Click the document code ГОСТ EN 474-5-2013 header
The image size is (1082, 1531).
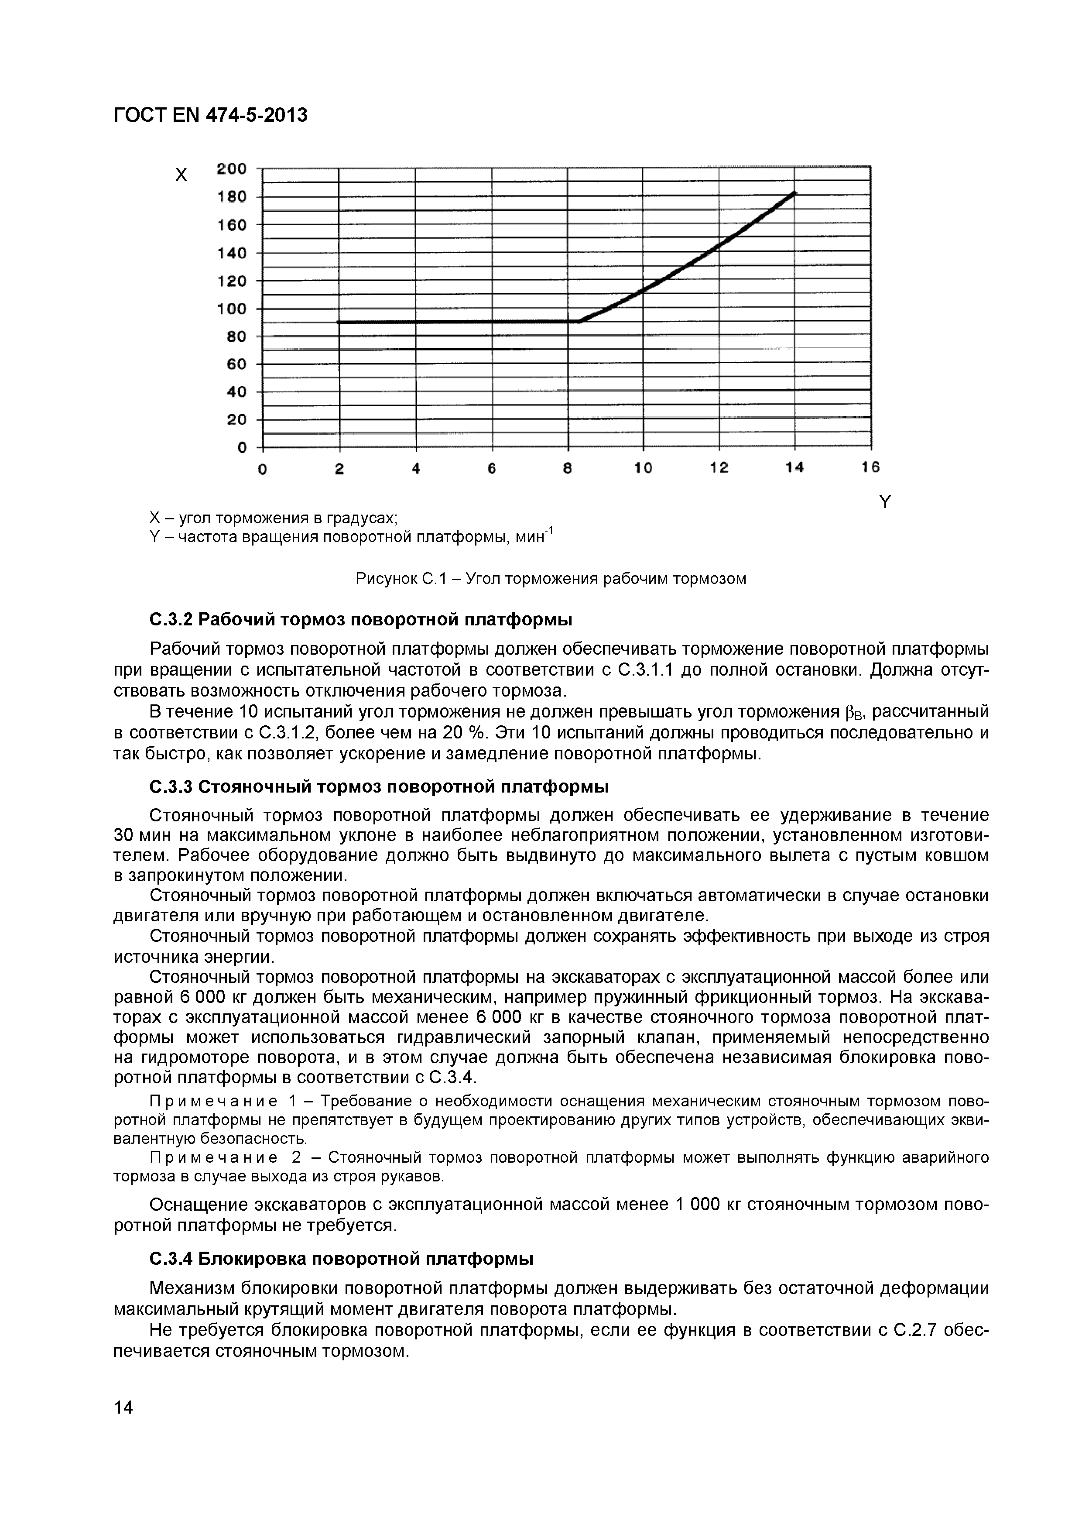tap(211, 115)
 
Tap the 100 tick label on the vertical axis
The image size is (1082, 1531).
tap(232, 309)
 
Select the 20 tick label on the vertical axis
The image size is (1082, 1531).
tap(236, 419)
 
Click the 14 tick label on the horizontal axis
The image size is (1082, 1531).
tap(794, 468)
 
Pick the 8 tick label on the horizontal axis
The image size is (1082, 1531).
tap(567, 469)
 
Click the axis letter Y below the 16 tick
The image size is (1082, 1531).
tap(885, 502)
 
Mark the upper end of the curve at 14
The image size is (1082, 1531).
tap(793, 193)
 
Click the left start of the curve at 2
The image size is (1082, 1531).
tap(340, 322)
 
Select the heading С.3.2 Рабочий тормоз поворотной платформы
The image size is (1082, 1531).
tap(361, 619)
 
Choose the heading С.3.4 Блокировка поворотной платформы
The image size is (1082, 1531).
tap(341, 1260)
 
